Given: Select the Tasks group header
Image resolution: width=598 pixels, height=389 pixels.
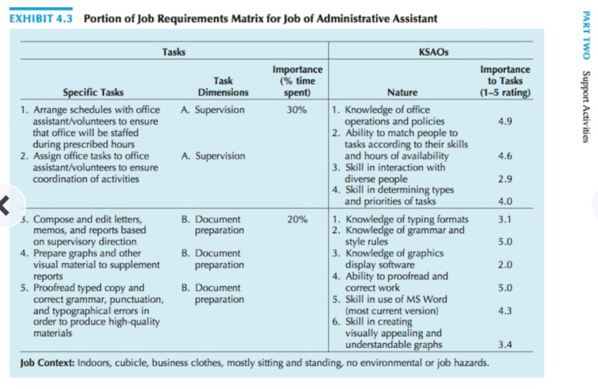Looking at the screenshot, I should coord(173,52).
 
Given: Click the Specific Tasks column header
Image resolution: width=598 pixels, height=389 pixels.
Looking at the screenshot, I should coord(93,92).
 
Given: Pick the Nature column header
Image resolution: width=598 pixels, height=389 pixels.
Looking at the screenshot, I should coord(402,92).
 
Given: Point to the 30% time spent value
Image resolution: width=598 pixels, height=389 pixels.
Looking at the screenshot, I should coord(297,110).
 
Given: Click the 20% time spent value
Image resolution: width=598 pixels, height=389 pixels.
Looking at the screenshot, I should coord(297,220).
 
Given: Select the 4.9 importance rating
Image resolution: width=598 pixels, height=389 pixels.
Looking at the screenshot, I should coord(505,121).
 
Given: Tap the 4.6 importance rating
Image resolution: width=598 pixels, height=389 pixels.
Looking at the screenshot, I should coord(505,156).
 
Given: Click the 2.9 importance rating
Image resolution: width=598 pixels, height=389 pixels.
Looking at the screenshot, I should coord(505,179).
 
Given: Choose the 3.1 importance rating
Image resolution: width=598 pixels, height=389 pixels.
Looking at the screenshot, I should coord(505,220).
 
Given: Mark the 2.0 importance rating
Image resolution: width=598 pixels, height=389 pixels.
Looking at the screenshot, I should coord(505,265).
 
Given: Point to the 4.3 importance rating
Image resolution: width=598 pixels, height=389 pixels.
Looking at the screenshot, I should coord(505,311).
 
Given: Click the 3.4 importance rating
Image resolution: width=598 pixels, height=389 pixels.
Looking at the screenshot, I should coord(505,345).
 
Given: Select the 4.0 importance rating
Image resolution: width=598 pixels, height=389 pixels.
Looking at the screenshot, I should coord(505,202).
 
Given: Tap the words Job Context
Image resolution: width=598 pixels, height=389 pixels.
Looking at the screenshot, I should coord(47,363).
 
